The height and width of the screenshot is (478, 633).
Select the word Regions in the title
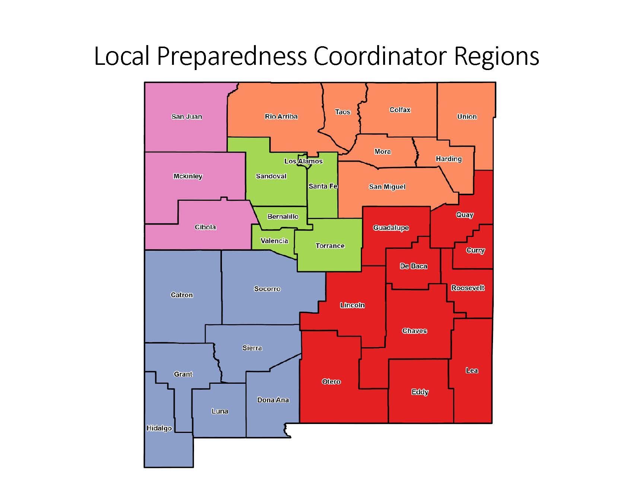tap(496, 57)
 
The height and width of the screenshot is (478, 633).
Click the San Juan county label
tap(187, 117)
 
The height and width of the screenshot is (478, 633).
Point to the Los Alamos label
tap(303, 161)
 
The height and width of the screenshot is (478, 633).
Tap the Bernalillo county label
tap(283, 216)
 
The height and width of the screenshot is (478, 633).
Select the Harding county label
tap(449, 159)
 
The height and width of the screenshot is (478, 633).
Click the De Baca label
tap(413, 266)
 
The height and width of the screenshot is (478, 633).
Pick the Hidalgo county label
tap(159, 428)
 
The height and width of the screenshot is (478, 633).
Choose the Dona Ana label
tap(273, 400)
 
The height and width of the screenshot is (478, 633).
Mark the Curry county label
tap(475, 250)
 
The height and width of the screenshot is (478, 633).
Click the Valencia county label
tap(274, 241)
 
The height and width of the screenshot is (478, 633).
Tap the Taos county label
tap(343, 112)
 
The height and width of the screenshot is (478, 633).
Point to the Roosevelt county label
tap(468, 288)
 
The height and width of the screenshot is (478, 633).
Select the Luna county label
tap(220, 411)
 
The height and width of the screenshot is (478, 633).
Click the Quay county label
tap(465, 215)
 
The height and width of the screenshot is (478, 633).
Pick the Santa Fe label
tap(323, 186)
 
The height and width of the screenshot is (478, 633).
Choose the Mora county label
tap(382, 152)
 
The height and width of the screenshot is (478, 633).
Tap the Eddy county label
tap(420, 392)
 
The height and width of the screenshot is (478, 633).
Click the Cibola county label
tap(205, 227)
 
